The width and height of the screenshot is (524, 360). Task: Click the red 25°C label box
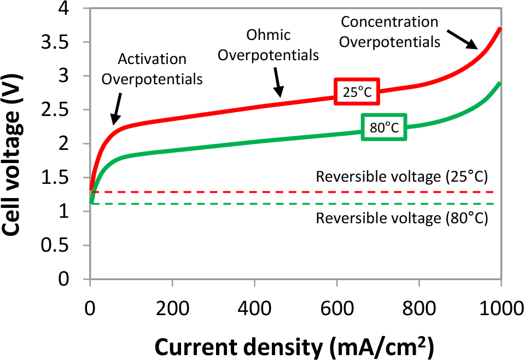357,92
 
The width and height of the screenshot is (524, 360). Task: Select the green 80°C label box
383,127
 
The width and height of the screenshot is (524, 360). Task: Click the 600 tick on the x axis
336,310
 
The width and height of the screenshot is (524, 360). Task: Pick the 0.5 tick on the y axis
63,245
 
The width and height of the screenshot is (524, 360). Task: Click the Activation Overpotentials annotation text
153,68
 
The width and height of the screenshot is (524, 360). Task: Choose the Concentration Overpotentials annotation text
389,32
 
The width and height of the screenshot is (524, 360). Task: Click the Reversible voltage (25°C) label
401,177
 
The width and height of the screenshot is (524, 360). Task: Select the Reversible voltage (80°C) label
401,218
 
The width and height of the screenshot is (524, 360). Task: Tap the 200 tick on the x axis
172,310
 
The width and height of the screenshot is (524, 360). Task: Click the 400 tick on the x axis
254,310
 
